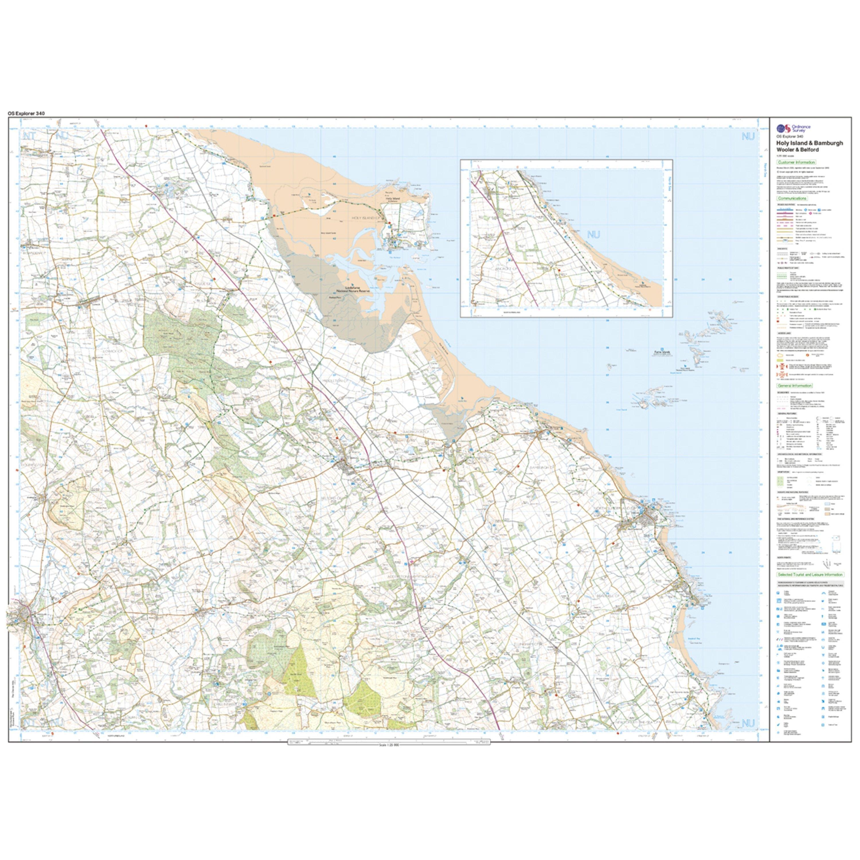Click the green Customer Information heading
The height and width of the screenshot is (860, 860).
(x=797, y=163)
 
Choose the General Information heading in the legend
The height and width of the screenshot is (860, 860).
(x=795, y=386)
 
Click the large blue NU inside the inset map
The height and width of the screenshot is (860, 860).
(x=593, y=234)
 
